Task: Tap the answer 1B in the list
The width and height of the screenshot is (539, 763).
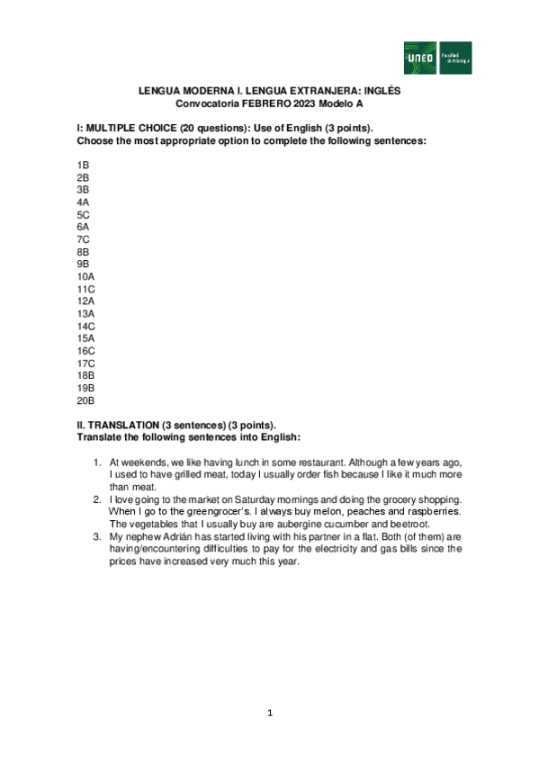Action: tap(83, 166)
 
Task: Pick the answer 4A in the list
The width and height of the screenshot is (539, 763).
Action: tap(83, 202)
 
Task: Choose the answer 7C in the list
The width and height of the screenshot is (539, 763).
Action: tap(83, 239)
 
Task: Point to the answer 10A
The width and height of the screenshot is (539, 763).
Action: tap(85, 276)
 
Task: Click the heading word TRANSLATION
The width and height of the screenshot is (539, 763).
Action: tap(130, 425)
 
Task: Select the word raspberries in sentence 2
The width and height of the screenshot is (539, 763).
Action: tap(437, 511)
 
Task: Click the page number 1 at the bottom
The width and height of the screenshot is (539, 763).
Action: tap(269, 713)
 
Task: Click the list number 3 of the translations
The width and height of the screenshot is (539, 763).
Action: tap(98, 536)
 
